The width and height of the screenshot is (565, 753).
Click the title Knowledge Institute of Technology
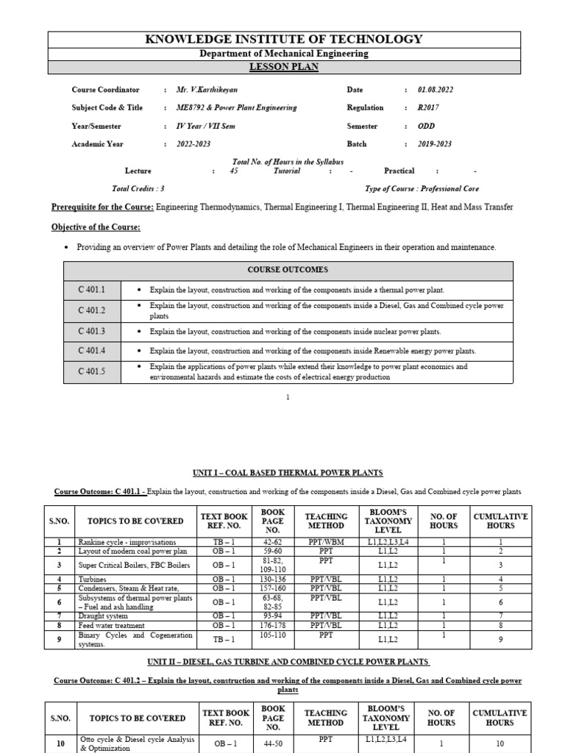[284, 40]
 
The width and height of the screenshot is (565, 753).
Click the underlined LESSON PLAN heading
[284, 67]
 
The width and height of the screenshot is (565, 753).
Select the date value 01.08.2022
[436, 90]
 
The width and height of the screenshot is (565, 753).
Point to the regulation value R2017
[427, 107]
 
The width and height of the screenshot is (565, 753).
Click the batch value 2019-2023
[435, 144]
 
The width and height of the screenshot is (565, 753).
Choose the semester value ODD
[426, 126]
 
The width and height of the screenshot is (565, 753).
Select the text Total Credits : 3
[138, 188]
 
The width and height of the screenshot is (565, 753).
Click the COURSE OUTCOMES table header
[288, 270]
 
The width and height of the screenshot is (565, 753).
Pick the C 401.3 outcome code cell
[92, 332]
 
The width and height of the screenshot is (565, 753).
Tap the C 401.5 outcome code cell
[92, 372]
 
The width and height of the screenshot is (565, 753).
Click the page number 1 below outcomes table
[288, 397]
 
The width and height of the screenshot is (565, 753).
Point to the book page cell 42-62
[272, 541]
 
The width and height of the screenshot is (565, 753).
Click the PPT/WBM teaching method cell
[326, 541]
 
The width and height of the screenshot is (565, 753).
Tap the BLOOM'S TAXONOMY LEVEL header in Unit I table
[391, 521]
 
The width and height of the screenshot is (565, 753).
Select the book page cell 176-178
[272, 624]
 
